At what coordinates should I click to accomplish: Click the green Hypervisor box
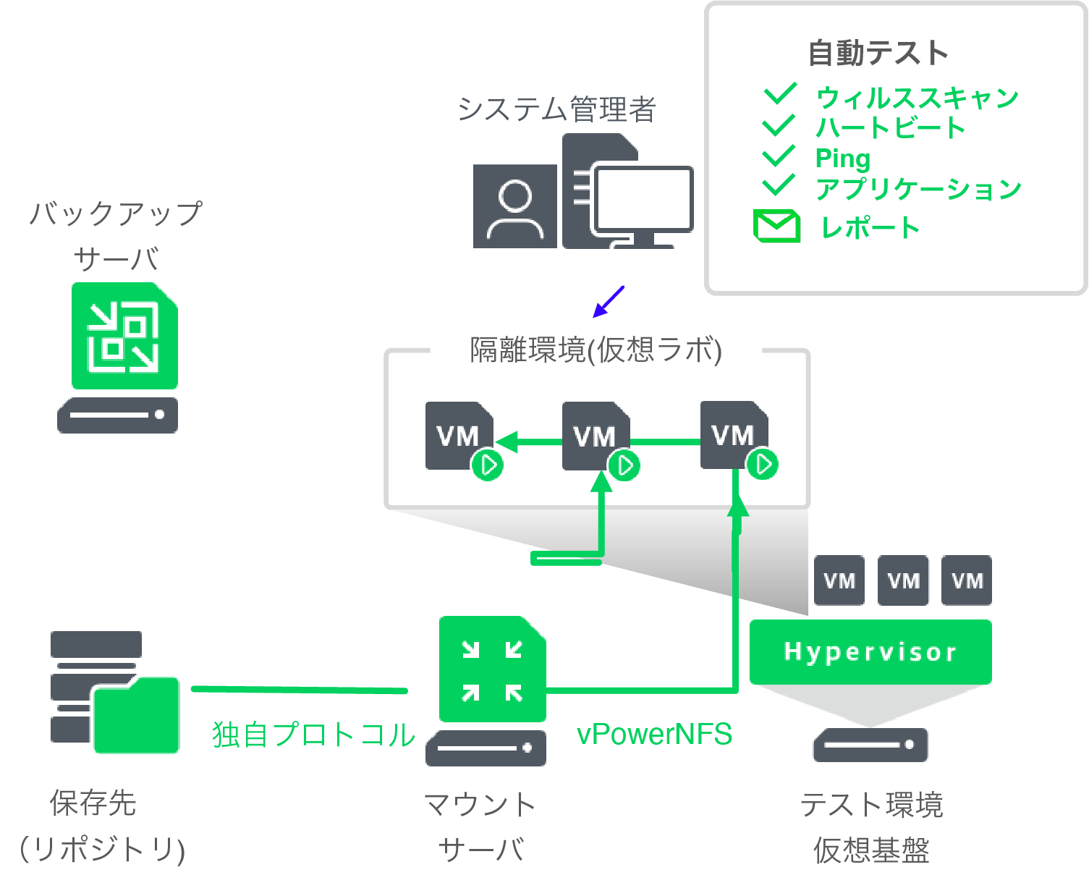[x=870, y=651]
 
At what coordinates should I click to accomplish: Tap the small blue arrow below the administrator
[x=608, y=302]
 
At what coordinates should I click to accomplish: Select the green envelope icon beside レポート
[x=776, y=226]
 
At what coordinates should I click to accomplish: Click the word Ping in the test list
[x=842, y=158]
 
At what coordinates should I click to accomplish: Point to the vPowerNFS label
[x=654, y=734]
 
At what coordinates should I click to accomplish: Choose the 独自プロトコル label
[x=313, y=734]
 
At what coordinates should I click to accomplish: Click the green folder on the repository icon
[x=136, y=715]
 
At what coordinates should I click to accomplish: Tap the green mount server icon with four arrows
[x=492, y=669]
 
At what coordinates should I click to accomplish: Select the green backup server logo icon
[x=124, y=337]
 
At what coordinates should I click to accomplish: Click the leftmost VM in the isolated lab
[x=457, y=436]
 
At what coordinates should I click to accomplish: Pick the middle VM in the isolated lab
[x=595, y=436]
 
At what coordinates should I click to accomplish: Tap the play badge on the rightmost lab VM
[x=763, y=464]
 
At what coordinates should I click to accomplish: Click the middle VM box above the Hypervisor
[x=903, y=580]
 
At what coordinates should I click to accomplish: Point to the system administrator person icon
[x=514, y=206]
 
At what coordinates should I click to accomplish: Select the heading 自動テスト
[x=878, y=53]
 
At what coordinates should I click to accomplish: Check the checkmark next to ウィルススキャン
[x=779, y=94]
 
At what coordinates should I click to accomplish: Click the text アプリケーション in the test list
[x=918, y=189]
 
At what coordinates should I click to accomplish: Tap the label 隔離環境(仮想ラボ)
[x=596, y=350]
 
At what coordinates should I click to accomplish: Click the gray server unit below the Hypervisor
[x=870, y=745]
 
